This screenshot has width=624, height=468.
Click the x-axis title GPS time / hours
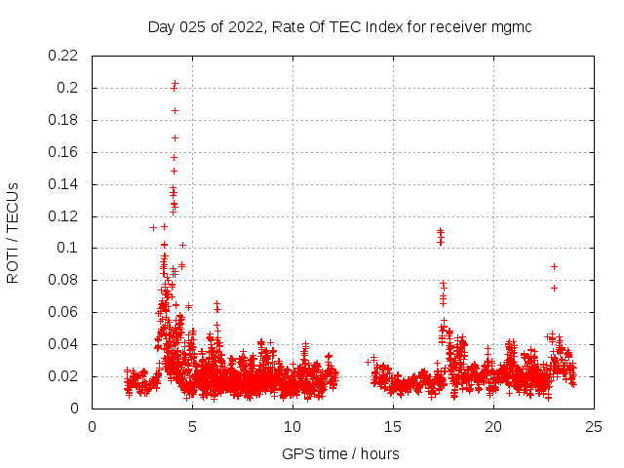(340, 453)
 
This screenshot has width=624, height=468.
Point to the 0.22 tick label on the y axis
(64, 56)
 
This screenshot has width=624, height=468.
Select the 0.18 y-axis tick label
(64, 120)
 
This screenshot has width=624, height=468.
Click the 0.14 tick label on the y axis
(64, 184)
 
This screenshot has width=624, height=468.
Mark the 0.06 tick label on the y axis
(64, 312)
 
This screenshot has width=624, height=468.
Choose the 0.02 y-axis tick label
(64, 376)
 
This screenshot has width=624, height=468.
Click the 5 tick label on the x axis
(193, 426)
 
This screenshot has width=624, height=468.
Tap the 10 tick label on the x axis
(293, 426)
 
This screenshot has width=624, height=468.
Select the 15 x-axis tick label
(394, 426)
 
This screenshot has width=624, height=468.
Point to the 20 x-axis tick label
(494, 426)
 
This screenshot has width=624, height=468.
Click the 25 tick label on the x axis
(595, 426)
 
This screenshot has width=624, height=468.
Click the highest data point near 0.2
(175, 84)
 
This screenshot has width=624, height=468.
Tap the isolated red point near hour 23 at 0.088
(554, 266)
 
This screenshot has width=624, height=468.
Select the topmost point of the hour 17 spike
(440, 231)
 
